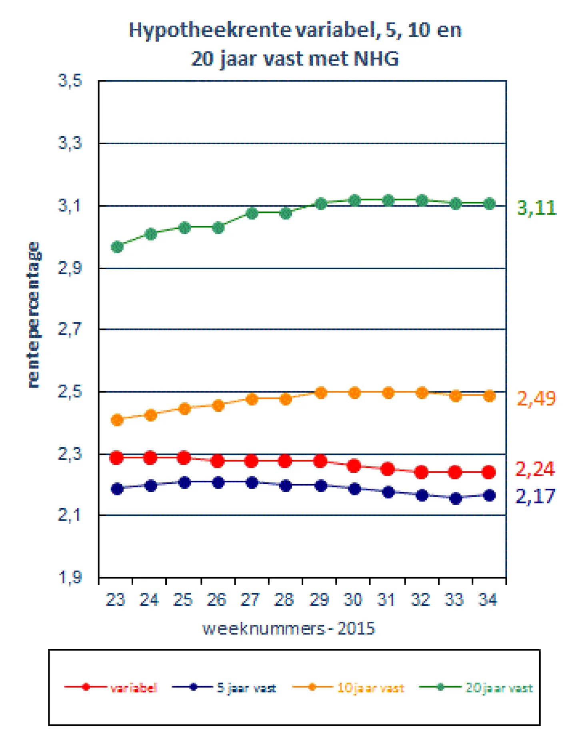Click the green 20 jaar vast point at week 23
pyautogui.click(x=117, y=247)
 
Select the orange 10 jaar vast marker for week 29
pyautogui.click(x=320, y=393)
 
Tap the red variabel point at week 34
pyautogui.click(x=489, y=472)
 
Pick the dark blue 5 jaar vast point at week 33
pyautogui.click(x=456, y=498)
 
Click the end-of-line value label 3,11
pyautogui.click(x=536, y=208)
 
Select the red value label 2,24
pyautogui.click(x=535, y=469)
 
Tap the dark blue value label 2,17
pyautogui.click(x=535, y=496)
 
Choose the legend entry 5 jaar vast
pyautogui.click(x=224, y=688)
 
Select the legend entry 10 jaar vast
pyautogui.click(x=348, y=688)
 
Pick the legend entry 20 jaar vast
pyautogui.click(x=476, y=688)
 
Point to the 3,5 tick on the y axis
pyautogui.click(x=70, y=81)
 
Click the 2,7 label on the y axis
pyautogui.click(x=70, y=330)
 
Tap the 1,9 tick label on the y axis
pyautogui.click(x=70, y=577)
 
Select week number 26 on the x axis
pyautogui.click(x=217, y=600)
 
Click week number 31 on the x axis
pyautogui.click(x=386, y=600)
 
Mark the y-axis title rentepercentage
pyautogui.click(x=33, y=314)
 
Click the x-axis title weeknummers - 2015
pyautogui.click(x=289, y=629)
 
